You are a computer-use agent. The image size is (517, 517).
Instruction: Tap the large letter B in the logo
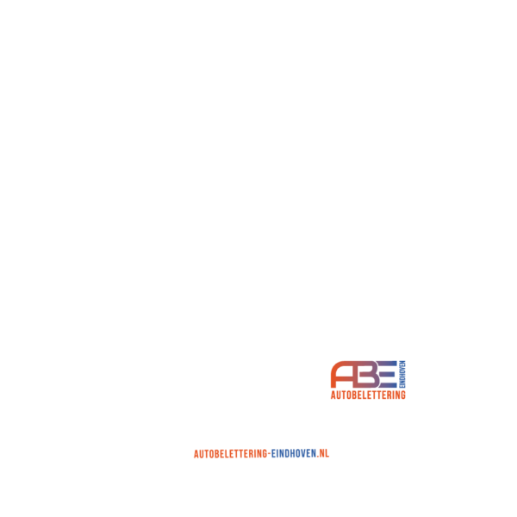pos(369,375)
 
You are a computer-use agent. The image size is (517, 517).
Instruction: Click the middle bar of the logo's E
pos(388,375)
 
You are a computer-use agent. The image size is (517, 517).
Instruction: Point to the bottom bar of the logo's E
pos(388,386)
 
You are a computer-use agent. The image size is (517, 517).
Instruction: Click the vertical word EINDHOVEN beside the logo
pos(402,374)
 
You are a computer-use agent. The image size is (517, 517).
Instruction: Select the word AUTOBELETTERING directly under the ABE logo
pos(368,395)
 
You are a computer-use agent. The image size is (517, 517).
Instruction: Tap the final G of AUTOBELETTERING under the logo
pos(403,395)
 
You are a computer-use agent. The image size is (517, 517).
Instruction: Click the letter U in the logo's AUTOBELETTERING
pos(339,395)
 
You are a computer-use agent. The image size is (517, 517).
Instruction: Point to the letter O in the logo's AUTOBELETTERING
pos(349,395)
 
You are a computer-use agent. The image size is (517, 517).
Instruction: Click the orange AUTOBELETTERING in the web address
pos(230,454)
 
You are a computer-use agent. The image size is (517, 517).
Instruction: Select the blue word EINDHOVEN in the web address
pos(294,454)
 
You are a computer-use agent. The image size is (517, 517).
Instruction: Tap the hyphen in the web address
pos(270,454)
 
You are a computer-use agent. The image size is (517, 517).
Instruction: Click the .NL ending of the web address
pos(323,453)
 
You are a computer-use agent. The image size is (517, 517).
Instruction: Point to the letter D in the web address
pos(287,454)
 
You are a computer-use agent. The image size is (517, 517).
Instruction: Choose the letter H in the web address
pos(293,454)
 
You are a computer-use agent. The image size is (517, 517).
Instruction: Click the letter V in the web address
pos(303,454)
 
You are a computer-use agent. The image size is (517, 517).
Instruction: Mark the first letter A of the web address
pos(196,454)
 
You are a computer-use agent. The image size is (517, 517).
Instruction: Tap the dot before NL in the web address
pos(318,457)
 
